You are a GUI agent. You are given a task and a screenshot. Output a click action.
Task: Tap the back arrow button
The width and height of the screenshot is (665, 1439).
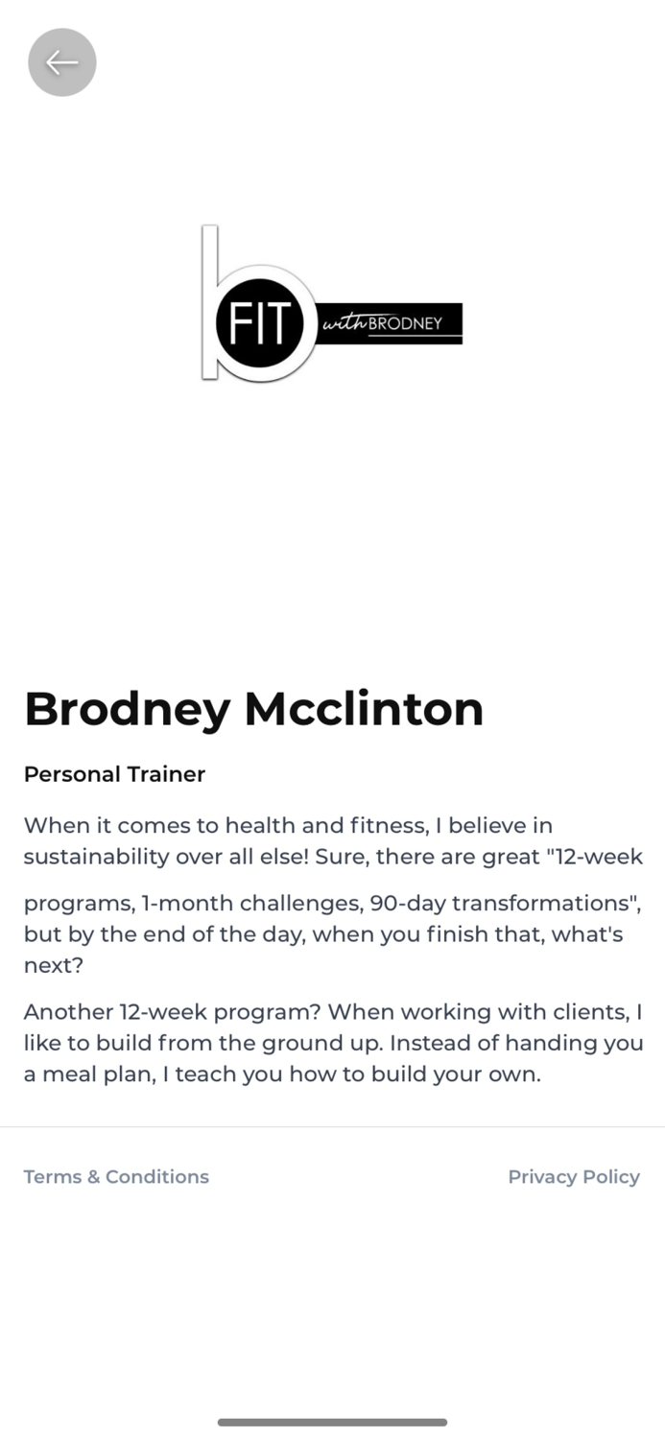pyautogui.click(x=62, y=62)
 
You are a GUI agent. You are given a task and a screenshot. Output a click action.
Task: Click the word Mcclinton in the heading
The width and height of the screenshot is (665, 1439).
pyautogui.click(x=364, y=710)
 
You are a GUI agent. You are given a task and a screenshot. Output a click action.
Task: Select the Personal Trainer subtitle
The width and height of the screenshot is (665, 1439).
pyautogui.click(x=114, y=774)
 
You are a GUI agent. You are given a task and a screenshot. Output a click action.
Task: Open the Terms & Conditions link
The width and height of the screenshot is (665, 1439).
pyautogui.click(x=116, y=1177)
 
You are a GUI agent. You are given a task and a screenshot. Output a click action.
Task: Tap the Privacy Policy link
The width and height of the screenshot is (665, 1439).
pyautogui.click(x=573, y=1177)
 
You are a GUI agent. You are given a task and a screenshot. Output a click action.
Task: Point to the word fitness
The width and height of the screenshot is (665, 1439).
pyautogui.click(x=387, y=826)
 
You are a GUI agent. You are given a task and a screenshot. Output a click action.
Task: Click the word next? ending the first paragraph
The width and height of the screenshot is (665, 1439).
pyautogui.click(x=54, y=966)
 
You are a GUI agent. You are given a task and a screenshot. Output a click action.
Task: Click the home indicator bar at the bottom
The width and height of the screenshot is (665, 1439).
pyautogui.click(x=332, y=1422)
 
